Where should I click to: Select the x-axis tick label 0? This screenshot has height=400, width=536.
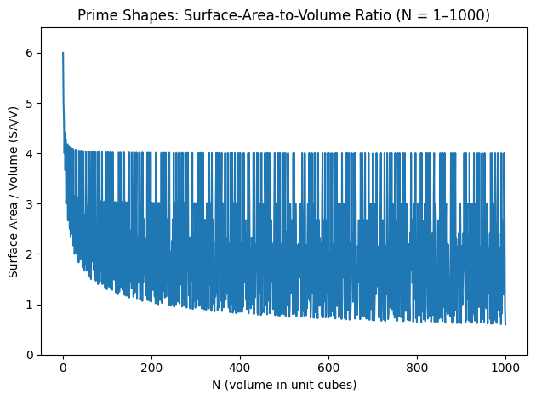(63, 368)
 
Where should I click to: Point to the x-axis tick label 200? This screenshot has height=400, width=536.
(151, 368)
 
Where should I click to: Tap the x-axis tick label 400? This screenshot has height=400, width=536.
(240, 368)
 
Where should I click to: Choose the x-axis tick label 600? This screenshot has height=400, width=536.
(328, 368)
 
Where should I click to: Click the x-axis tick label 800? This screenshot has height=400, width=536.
(417, 368)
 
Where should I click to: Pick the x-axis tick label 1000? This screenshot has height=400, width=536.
(505, 368)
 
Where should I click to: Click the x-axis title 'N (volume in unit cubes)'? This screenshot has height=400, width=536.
(284, 385)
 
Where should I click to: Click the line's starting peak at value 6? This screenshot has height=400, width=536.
(63, 53)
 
